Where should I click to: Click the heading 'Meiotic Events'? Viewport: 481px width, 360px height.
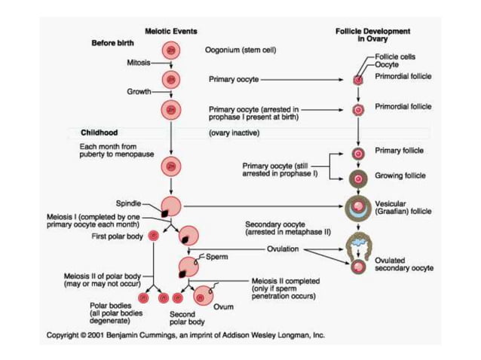point(170,30)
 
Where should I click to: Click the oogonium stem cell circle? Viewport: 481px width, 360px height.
point(172,51)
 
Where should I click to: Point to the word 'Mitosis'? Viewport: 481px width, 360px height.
point(137,63)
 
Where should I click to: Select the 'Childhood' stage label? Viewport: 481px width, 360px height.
point(99,133)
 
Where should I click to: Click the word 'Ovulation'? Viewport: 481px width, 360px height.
point(283,248)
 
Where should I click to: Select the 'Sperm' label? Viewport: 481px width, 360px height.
point(216,257)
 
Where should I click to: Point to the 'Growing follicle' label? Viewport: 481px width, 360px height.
point(400,176)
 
